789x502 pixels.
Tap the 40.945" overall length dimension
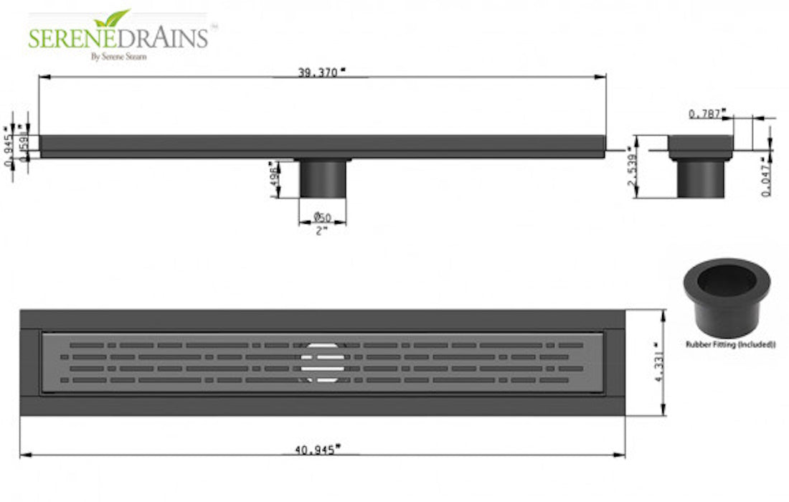coord(318,450)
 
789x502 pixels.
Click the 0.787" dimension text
coord(707,114)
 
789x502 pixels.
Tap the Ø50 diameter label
coord(322,217)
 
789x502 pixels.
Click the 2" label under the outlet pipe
coord(321,231)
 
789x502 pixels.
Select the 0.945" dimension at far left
coord(9,150)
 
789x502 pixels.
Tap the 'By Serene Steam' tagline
coord(118,57)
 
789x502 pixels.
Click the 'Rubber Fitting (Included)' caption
coord(729,344)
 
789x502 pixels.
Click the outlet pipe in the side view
coord(323,179)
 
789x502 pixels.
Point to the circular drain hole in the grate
coord(322,361)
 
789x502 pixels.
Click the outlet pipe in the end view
coord(701,179)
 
